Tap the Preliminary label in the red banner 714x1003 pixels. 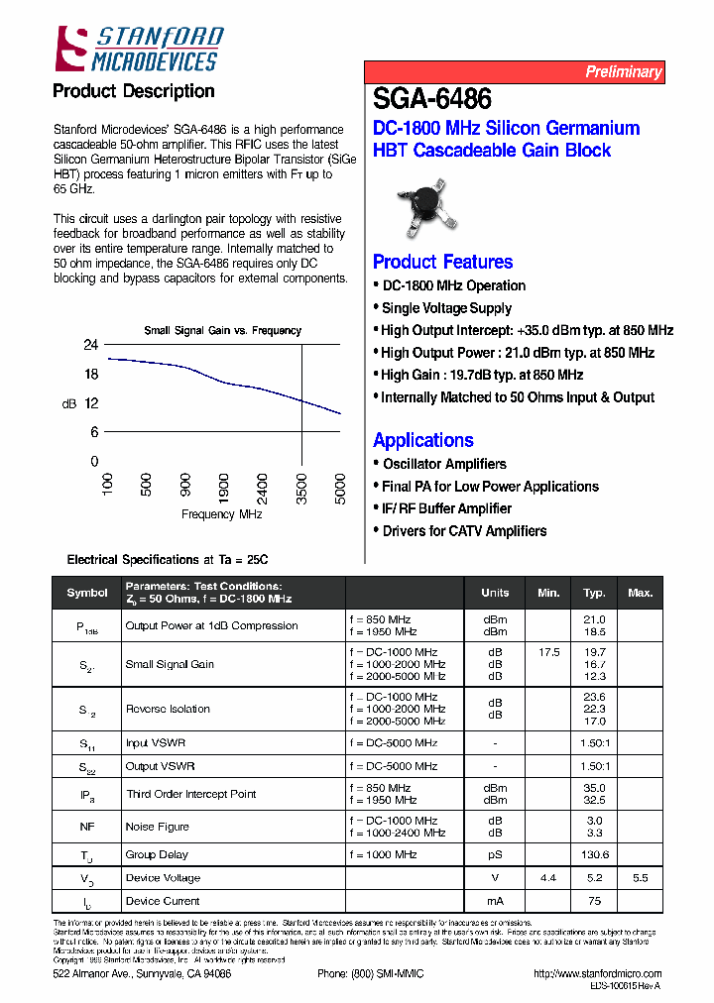coord(622,71)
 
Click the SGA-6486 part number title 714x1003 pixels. coord(432,99)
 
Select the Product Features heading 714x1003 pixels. coord(442,262)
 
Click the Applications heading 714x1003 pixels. coord(423,440)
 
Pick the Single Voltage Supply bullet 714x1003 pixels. coord(446,308)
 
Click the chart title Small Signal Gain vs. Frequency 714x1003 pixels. coord(223,331)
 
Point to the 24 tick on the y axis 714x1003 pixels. coord(90,346)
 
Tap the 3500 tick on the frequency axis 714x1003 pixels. coord(302,487)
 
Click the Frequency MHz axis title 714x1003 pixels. coord(222,514)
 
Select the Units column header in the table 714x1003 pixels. coord(495,593)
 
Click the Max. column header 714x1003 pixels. coord(641,593)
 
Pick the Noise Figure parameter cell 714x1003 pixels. coord(158,827)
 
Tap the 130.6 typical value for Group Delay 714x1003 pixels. coord(594,854)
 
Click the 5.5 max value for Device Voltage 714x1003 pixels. coord(640,878)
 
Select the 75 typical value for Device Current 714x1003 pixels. coord(594,901)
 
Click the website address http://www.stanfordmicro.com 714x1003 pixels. coord(597,974)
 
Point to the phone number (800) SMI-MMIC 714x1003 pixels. coord(370,974)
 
